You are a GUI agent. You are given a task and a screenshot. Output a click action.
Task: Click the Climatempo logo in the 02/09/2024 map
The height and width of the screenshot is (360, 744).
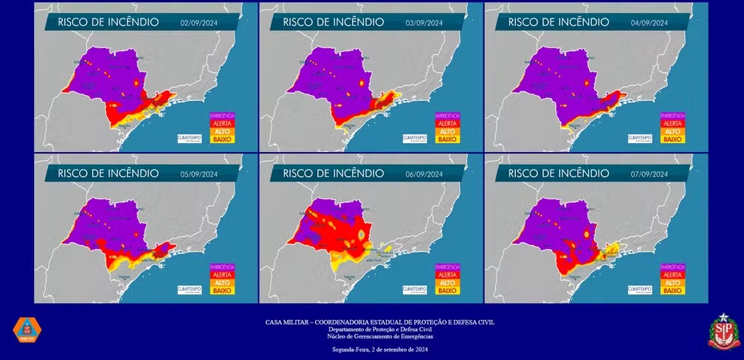(190, 138)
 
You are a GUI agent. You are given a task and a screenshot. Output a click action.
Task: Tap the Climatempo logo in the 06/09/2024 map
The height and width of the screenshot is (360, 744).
(415, 289)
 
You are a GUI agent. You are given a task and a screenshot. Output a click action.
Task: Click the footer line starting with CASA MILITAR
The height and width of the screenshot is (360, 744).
(380, 322)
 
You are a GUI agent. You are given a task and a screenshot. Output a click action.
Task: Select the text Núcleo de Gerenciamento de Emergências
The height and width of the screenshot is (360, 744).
(380, 336)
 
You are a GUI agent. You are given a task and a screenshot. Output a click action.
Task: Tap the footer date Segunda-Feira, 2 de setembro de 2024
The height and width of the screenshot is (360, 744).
(380, 349)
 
